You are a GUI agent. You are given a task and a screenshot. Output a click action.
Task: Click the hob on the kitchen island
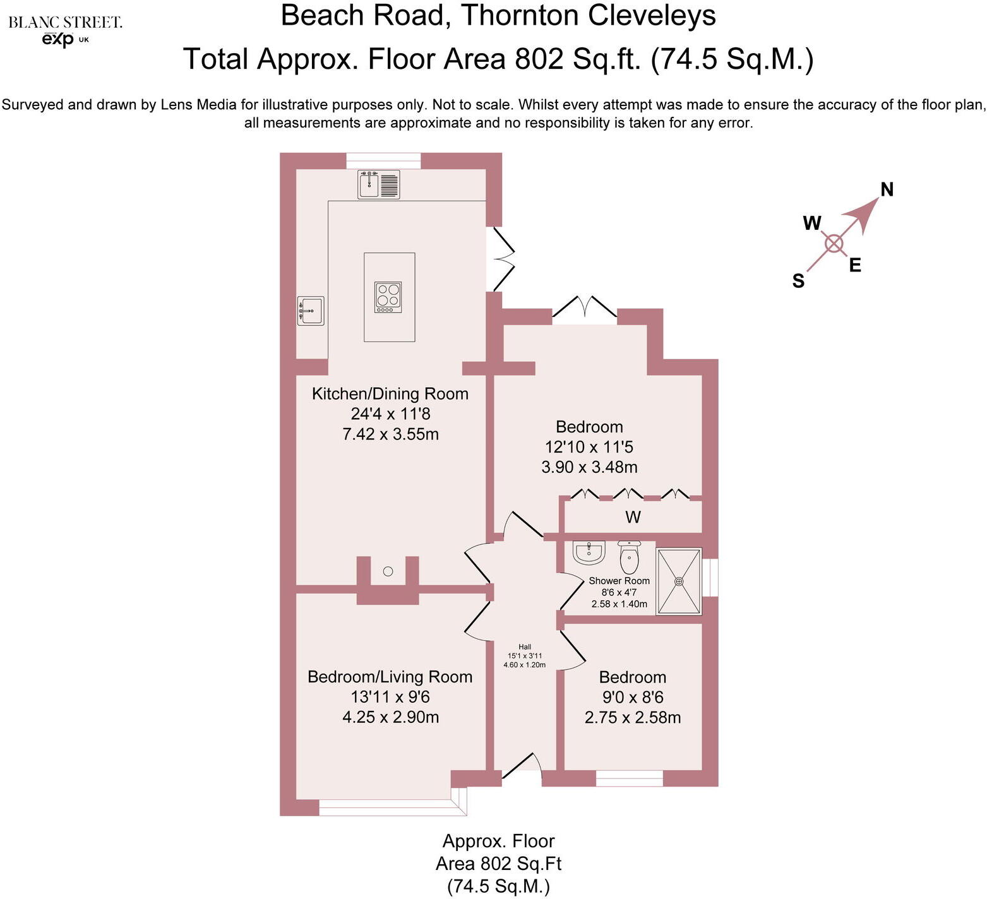pos(388,297)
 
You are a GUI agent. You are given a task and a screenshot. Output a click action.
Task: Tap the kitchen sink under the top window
pos(378,184)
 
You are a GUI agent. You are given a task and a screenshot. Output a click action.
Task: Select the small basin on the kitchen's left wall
pos(311,311)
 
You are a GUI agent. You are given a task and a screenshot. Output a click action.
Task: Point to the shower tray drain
pos(679,581)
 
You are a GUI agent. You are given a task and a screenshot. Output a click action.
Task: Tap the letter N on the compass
pos(887,189)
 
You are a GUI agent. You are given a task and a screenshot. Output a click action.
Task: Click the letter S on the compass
pos(798,281)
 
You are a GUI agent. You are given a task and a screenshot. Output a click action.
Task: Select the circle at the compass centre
pos(834,244)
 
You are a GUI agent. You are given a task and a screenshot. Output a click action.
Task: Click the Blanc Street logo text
pos(65,23)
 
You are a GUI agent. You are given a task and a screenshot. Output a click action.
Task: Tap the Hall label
pos(525,646)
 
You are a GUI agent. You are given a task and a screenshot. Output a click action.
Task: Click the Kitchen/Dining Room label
pos(390,394)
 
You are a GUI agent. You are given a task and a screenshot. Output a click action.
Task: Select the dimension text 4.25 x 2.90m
pos(390,717)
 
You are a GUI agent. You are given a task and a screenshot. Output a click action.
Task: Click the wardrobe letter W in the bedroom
pos(633,518)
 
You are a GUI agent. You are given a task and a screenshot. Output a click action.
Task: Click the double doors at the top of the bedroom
pos(585,310)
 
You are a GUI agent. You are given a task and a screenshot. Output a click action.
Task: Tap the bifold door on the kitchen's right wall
pos(503,259)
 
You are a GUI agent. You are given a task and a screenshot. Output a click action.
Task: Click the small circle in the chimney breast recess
pos(388,571)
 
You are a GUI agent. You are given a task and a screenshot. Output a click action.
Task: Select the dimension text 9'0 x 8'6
pos(633,697)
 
